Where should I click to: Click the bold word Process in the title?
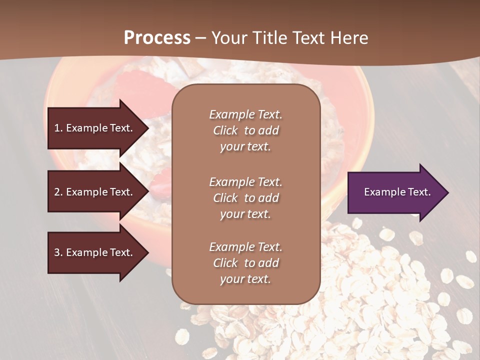point(157,38)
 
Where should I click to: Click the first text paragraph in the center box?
point(245,130)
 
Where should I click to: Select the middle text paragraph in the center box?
point(245,198)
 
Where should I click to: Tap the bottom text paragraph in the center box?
point(245,263)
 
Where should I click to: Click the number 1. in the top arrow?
point(58,128)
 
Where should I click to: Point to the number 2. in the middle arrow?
point(58,192)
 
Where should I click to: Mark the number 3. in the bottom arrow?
point(58,252)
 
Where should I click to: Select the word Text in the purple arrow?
point(419,192)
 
